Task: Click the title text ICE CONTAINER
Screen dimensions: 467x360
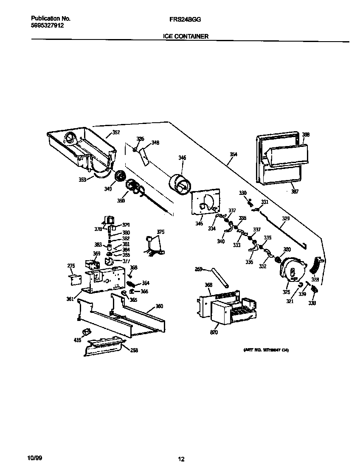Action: (x=186, y=37)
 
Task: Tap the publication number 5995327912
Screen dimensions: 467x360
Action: (x=48, y=25)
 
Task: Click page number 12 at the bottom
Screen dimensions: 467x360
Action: (x=181, y=459)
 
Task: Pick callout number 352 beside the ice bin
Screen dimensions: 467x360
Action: (x=116, y=132)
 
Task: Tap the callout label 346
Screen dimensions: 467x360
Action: (x=182, y=158)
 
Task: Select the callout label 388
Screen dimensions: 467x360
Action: (x=305, y=135)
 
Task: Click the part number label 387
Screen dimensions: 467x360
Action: (x=294, y=191)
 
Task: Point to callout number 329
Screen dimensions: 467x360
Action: (x=286, y=218)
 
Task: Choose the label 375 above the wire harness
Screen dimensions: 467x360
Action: (x=160, y=232)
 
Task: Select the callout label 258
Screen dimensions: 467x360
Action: (x=134, y=350)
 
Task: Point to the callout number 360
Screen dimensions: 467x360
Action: (x=159, y=306)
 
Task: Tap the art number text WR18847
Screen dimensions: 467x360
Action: (x=269, y=350)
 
